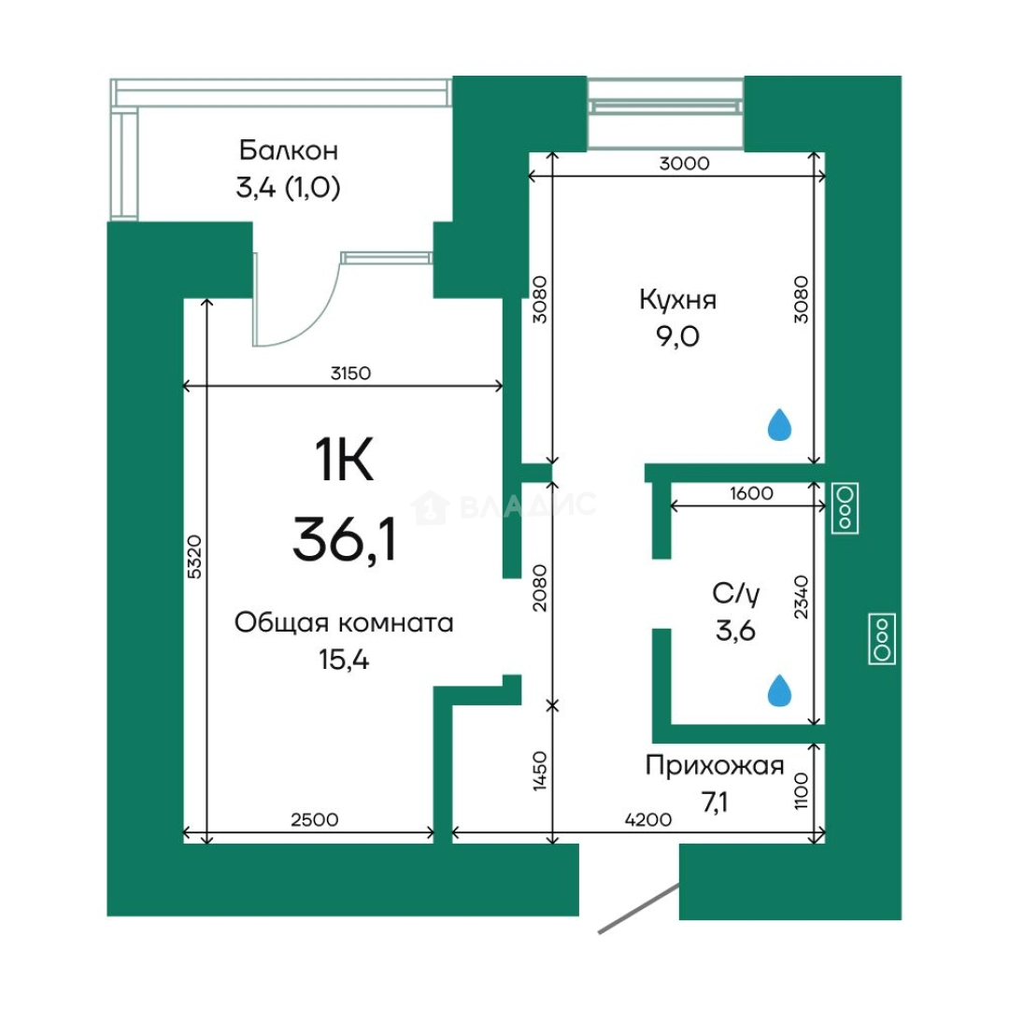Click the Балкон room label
click(x=289, y=150)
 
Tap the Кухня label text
click(x=677, y=300)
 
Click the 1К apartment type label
click(x=344, y=460)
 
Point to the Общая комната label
click(x=344, y=623)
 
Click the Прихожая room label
click(x=715, y=766)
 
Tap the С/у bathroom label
click(x=735, y=594)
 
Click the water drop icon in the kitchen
click(x=779, y=424)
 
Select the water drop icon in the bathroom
click(x=779, y=690)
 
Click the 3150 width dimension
click(x=350, y=373)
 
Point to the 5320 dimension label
click(x=195, y=557)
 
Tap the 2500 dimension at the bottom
click(x=315, y=820)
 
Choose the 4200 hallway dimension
click(x=648, y=820)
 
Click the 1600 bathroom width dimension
click(x=751, y=493)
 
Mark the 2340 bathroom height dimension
click(x=801, y=597)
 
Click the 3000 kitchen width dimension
click(x=684, y=163)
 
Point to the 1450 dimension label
click(x=540, y=771)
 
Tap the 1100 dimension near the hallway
click(x=801, y=791)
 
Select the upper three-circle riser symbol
click(x=846, y=508)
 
